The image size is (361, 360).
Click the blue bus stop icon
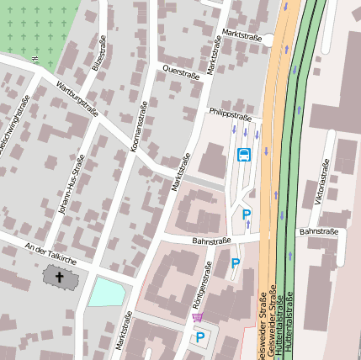point(244,155)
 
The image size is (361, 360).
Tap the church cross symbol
point(60,276)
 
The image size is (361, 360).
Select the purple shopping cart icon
point(197,317)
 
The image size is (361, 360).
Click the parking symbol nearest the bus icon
point(247,215)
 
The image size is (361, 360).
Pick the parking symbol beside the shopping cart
point(200,338)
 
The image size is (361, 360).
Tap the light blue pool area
point(107,292)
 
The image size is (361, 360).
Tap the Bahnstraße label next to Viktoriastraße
point(318,230)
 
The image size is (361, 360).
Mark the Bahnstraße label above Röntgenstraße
point(210,241)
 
